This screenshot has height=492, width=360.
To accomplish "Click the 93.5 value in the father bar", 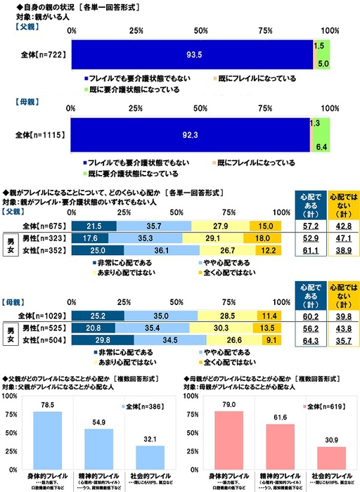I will click(190, 55).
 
